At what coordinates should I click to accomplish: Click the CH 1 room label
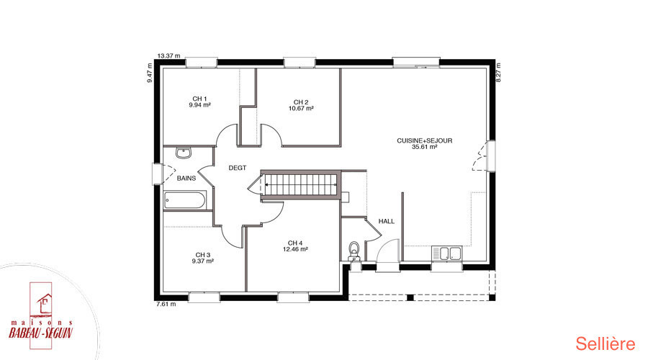199,99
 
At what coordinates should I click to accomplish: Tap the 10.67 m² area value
301,108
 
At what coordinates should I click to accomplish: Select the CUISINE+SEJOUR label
424,140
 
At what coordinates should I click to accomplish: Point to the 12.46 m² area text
295,249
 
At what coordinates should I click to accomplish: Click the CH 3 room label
203,255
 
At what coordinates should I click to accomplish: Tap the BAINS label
186,178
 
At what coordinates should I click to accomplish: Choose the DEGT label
237,168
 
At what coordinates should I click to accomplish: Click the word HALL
387,221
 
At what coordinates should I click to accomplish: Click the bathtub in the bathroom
185,200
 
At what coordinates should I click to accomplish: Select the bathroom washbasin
183,153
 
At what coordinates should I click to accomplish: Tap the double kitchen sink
446,253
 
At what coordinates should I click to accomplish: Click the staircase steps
300,185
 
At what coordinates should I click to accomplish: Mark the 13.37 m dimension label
169,55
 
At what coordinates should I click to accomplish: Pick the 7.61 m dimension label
166,305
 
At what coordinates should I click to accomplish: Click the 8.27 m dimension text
498,73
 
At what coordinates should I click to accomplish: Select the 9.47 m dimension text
150,73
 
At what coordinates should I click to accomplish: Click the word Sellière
606,344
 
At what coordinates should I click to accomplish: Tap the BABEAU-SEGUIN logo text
40,333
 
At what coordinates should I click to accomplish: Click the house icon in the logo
43,303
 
